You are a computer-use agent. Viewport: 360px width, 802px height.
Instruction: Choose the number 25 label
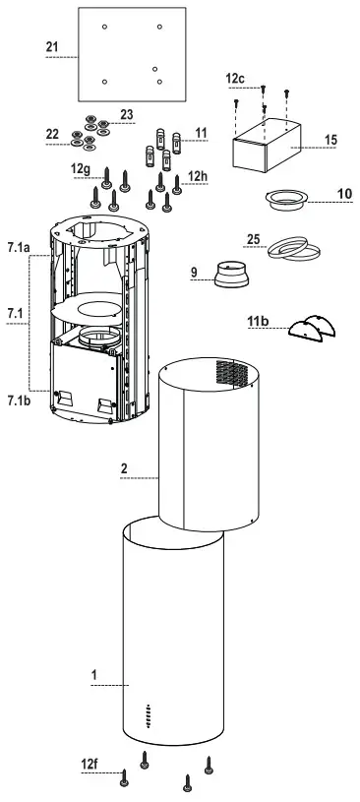click(253, 239)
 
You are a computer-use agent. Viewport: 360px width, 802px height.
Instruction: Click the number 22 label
click(52, 133)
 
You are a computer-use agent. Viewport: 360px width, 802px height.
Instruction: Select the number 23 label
click(126, 114)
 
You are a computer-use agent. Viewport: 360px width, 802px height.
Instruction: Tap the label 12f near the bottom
click(90, 763)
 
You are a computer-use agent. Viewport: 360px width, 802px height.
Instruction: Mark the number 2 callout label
click(125, 469)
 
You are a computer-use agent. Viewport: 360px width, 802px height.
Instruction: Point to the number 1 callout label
click(93, 675)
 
